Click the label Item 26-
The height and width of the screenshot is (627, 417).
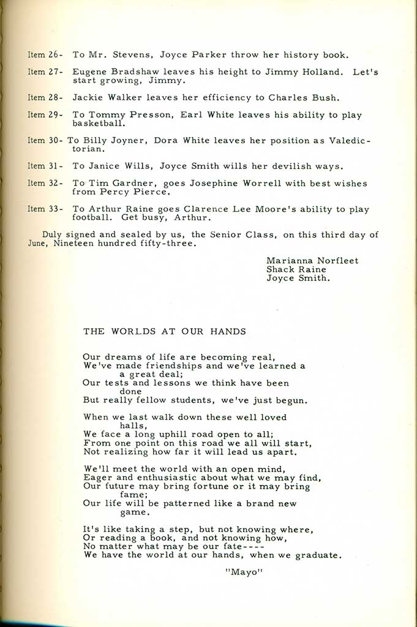coord(46,54)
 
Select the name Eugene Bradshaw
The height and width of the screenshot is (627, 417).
coord(113,72)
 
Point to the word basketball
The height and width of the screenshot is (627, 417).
coord(100,123)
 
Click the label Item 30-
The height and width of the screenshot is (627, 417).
coord(45,140)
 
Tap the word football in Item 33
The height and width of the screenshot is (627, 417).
coord(94,217)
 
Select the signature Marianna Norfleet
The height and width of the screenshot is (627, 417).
coord(312,260)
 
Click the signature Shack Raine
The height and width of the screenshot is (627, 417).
coord(296,269)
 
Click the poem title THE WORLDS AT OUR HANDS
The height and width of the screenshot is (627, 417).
coord(165,332)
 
